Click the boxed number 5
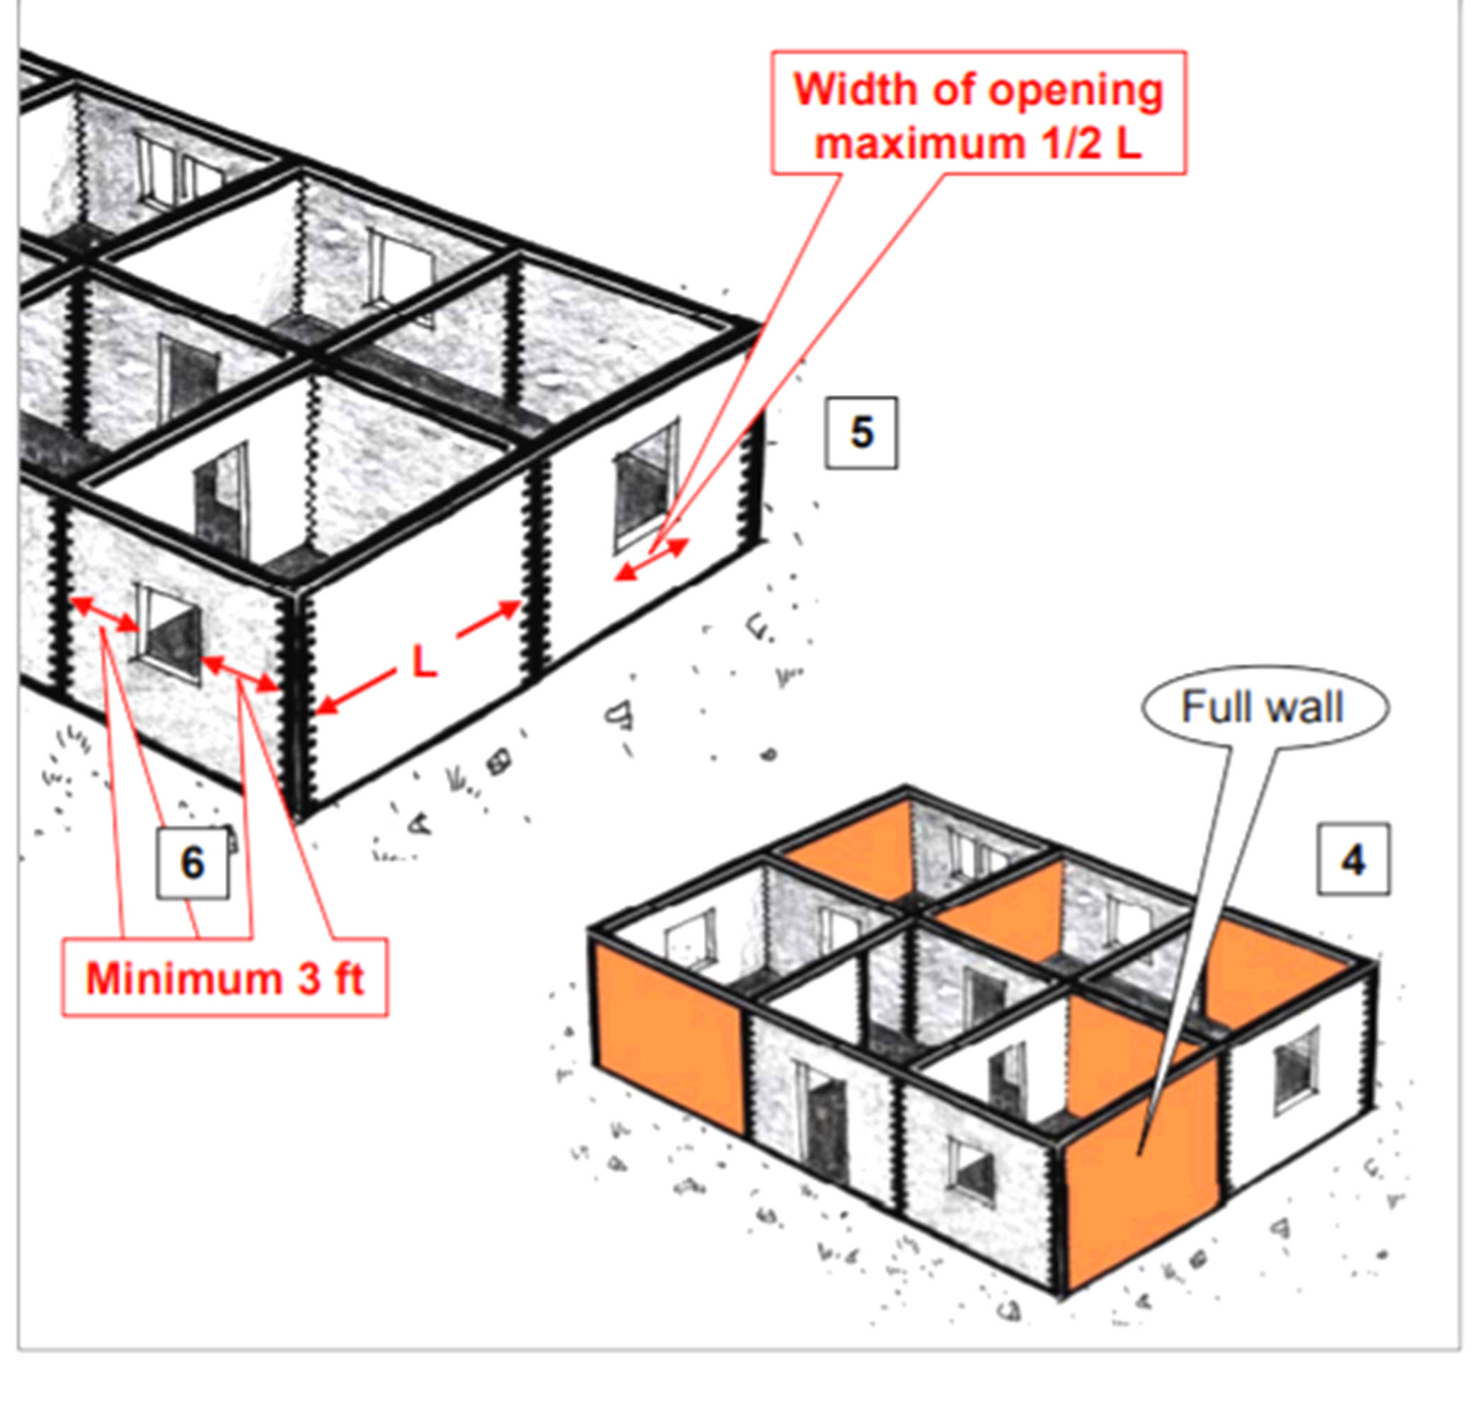pyautogui.click(x=861, y=432)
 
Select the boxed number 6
pyautogui.click(x=192, y=863)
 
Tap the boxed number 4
pyautogui.click(x=1353, y=859)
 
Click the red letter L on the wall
pyautogui.click(x=425, y=662)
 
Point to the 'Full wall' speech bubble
pyautogui.click(x=1263, y=706)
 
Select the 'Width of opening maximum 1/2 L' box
pyautogui.click(x=978, y=113)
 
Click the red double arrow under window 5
pyautogui.click(x=650, y=559)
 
